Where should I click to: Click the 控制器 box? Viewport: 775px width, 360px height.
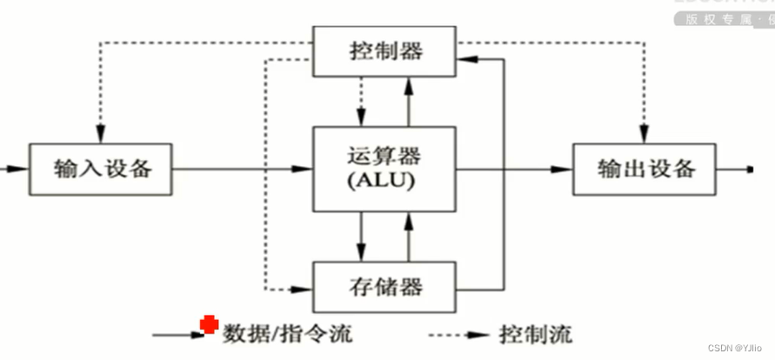pyautogui.click(x=385, y=50)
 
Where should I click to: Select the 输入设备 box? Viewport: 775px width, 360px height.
pyautogui.click(x=102, y=169)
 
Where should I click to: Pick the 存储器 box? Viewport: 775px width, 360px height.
pyautogui.click(x=385, y=285)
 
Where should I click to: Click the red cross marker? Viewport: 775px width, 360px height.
pyautogui.click(x=209, y=324)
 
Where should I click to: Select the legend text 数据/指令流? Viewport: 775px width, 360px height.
pyautogui.click(x=288, y=333)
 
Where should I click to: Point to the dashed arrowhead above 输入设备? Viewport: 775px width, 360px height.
pyautogui.click(x=101, y=134)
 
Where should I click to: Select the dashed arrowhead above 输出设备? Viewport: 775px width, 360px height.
pyautogui.click(x=645, y=134)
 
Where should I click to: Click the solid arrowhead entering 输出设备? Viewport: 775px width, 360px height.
pyautogui.click(x=565, y=169)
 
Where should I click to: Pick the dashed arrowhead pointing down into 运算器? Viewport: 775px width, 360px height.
pyautogui.click(x=361, y=118)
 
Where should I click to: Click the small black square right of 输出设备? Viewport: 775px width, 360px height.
pyautogui.click(x=750, y=169)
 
